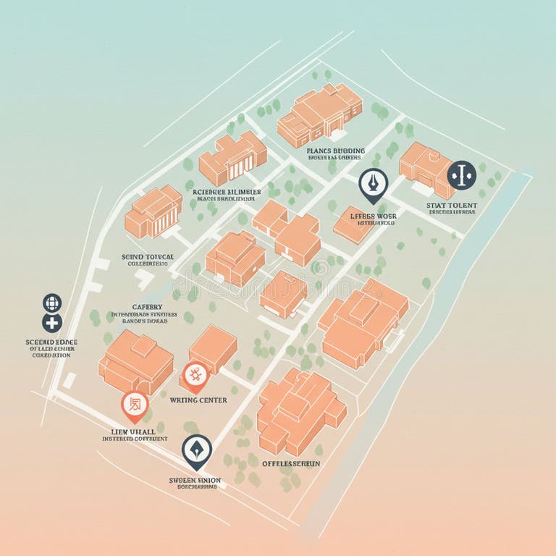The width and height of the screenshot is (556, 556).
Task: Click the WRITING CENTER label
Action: coord(198,400)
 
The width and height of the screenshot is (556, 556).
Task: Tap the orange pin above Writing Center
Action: coord(194,375)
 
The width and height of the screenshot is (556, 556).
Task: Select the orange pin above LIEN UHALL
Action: coord(135,405)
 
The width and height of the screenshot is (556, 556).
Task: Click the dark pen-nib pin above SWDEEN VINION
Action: coord(196,450)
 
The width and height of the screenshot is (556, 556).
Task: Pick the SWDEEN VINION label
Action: coord(195,480)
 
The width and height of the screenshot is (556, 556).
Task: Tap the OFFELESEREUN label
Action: coord(291,463)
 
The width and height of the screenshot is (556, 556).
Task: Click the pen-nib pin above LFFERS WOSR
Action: coord(373,184)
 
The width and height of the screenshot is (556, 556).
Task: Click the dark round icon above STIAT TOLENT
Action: coord(461,174)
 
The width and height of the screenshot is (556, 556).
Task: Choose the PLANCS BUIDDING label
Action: coord(337,151)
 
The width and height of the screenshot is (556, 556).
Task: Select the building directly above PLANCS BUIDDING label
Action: coord(319,114)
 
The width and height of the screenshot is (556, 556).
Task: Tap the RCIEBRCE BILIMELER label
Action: coord(227,193)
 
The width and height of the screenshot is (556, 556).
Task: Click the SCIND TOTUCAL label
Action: coord(147,257)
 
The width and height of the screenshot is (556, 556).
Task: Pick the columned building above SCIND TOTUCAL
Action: coord(153,211)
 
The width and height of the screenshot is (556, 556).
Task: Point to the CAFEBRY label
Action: coord(147,307)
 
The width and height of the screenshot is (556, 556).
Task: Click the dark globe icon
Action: coord(52,303)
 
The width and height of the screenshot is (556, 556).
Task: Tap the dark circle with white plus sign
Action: coord(52,323)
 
